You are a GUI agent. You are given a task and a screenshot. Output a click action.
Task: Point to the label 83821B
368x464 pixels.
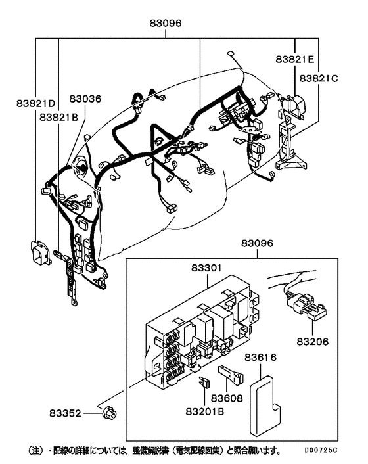58,117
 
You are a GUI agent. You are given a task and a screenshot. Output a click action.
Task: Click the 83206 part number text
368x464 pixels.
313,342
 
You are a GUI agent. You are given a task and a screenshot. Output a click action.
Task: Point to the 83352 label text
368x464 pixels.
66,413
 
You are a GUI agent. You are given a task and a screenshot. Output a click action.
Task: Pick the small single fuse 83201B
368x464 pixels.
205,381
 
